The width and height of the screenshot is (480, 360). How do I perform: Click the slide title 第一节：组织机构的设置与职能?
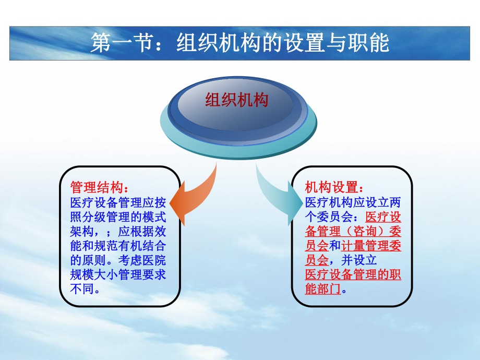pos(240,43)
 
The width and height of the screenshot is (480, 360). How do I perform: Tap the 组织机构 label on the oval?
pos(236,99)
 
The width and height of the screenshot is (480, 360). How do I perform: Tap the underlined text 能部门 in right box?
pos(322,289)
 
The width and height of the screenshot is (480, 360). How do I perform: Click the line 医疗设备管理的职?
pos(353,274)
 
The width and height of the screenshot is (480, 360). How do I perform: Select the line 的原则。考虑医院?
pos(118,260)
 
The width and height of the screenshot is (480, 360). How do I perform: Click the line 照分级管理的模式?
pos(118,217)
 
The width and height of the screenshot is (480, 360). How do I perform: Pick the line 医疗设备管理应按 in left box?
pos(118,202)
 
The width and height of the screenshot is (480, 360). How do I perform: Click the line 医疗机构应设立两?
pos(353,202)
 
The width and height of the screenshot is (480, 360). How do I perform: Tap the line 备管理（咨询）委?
pos(353,231)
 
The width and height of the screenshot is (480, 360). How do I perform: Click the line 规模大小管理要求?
pos(118,274)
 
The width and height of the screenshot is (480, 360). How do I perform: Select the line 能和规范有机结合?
pos(118,245)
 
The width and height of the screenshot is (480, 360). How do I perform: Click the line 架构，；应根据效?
pos(118,231)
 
